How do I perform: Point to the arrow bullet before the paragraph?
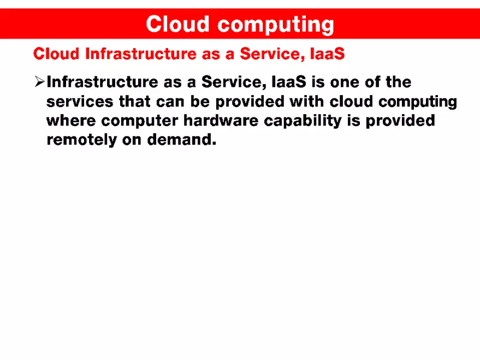point(39,82)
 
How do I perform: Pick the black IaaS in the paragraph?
point(288,82)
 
